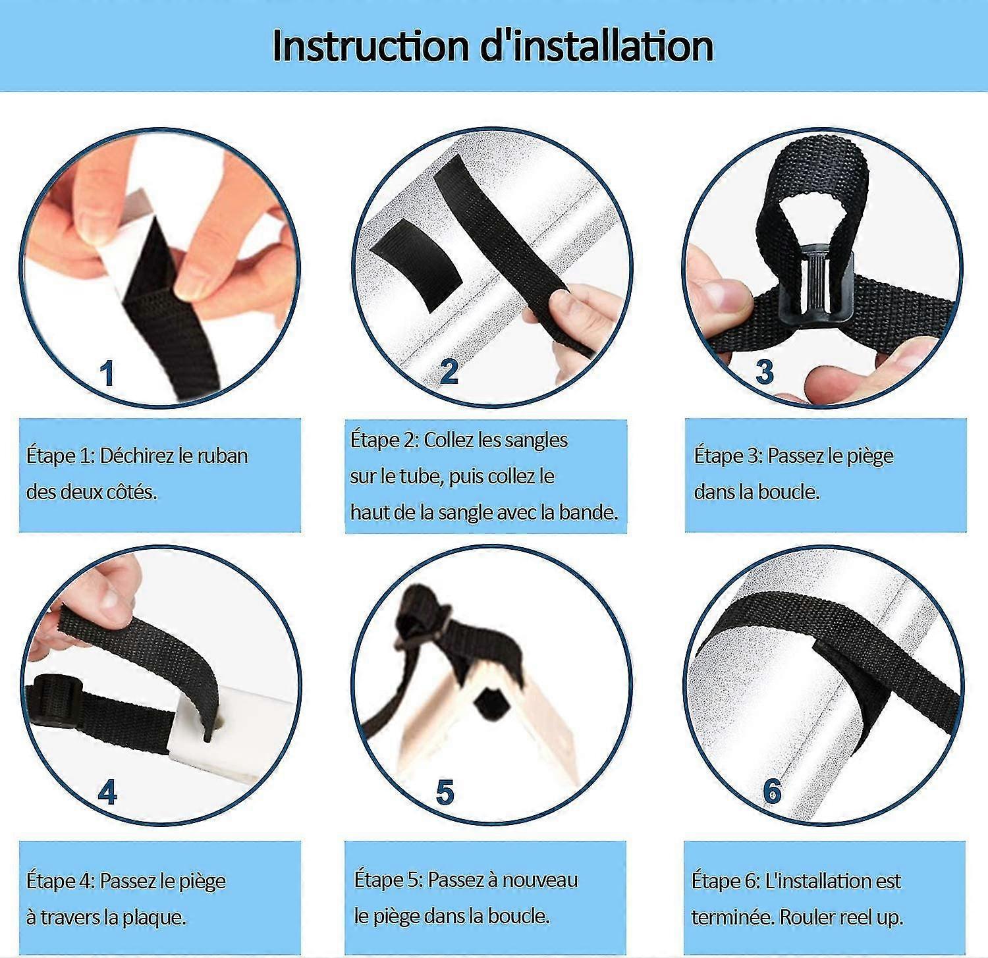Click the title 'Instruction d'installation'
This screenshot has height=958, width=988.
tap(493, 45)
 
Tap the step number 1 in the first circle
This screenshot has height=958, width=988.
tap(107, 373)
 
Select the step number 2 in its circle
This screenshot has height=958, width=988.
tap(449, 371)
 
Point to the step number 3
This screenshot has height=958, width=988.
tap(764, 371)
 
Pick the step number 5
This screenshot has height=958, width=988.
tap(445, 792)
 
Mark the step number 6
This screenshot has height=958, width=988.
tap(772, 791)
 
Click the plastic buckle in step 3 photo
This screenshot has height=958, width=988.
tap(816, 284)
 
